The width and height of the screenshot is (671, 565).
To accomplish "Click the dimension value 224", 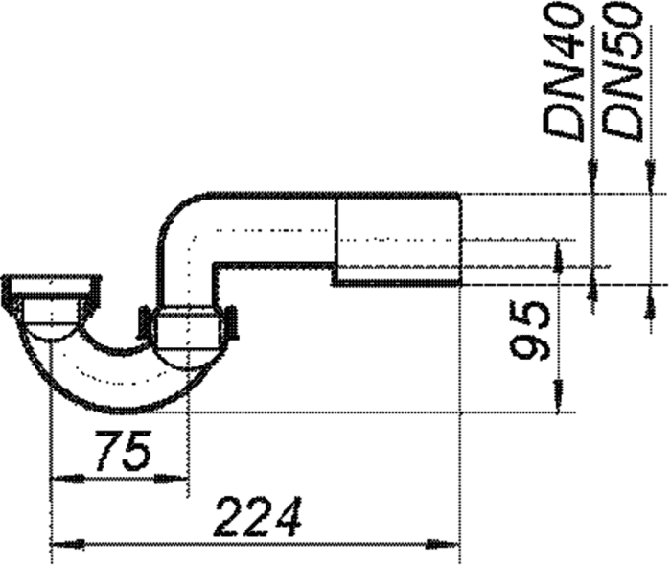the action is point(258,517).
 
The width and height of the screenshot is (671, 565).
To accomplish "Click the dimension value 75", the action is point(124,450).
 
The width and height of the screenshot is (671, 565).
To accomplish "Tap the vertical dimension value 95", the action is point(530,330).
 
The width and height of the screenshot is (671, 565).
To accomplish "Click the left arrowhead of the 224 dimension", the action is point(67,545).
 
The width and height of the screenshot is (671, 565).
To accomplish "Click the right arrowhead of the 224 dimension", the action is point(443,545).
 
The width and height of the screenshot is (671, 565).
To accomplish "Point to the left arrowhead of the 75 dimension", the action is point(67,479).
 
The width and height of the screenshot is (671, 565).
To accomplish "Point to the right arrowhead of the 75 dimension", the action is point(172,479).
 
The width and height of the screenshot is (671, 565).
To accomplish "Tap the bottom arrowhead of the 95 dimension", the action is point(559,397).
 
